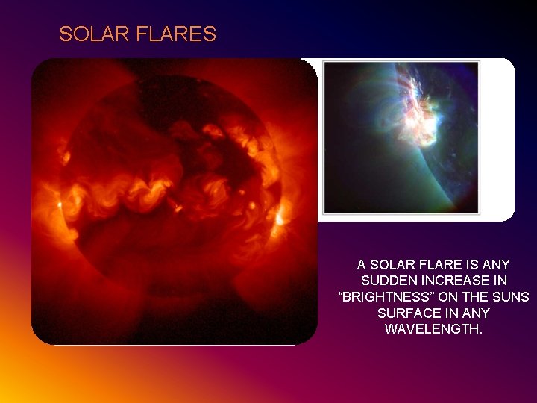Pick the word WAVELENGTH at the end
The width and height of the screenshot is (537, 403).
coord(433,329)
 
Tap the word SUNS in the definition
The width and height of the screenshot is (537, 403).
coord(511,297)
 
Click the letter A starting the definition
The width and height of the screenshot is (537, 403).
coord(362,265)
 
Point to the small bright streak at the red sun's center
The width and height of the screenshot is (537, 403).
coord(176,207)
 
